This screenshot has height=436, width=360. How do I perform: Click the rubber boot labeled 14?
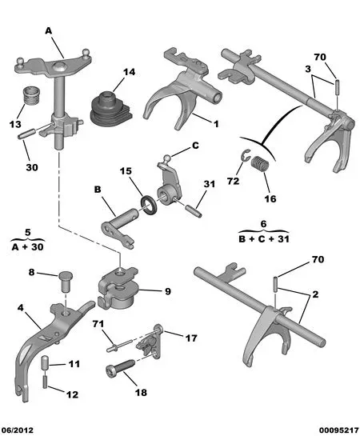(x=111, y=109)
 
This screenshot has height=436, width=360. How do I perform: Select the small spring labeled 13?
(x=31, y=95)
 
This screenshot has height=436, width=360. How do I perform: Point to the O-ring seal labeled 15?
(x=150, y=206)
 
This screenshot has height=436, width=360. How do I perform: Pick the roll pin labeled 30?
(x=26, y=134)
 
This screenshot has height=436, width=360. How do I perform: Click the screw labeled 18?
(x=120, y=368)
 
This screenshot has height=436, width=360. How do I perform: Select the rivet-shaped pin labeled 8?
(x=66, y=282)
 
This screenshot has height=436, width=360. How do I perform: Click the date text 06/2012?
(x=18, y=430)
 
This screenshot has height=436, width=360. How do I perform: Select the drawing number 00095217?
(x=338, y=430)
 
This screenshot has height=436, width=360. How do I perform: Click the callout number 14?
(x=129, y=72)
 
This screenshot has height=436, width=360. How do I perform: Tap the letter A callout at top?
(x=49, y=31)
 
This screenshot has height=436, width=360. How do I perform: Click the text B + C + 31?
(x=264, y=239)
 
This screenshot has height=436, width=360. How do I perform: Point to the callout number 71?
(x=98, y=324)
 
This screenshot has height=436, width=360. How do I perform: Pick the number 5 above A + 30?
(x=28, y=233)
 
